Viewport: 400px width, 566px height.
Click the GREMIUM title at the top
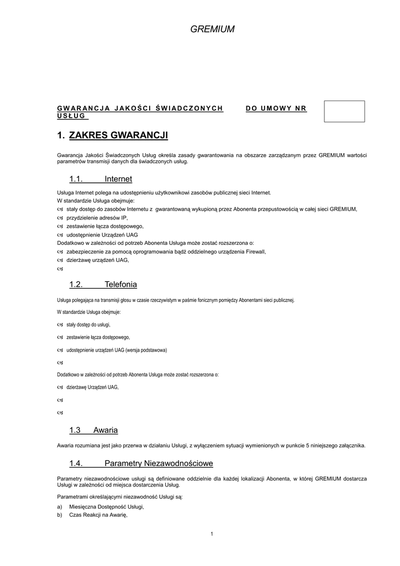(x=213, y=29)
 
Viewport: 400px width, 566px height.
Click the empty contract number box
(x=344, y=111)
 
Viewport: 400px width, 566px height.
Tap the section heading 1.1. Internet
(x=101, y=179)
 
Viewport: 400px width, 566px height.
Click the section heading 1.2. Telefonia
(x=103, y=285)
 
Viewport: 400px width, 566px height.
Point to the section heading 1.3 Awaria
(x=93, y=430)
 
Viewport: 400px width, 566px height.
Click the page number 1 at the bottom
(x=212, y=533)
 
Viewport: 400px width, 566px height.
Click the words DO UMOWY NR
(x=276, y=108)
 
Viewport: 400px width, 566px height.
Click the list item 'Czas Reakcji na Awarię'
(x=98, y=515)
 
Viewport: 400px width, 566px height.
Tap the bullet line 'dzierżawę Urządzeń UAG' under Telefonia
(x=92, y=387)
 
